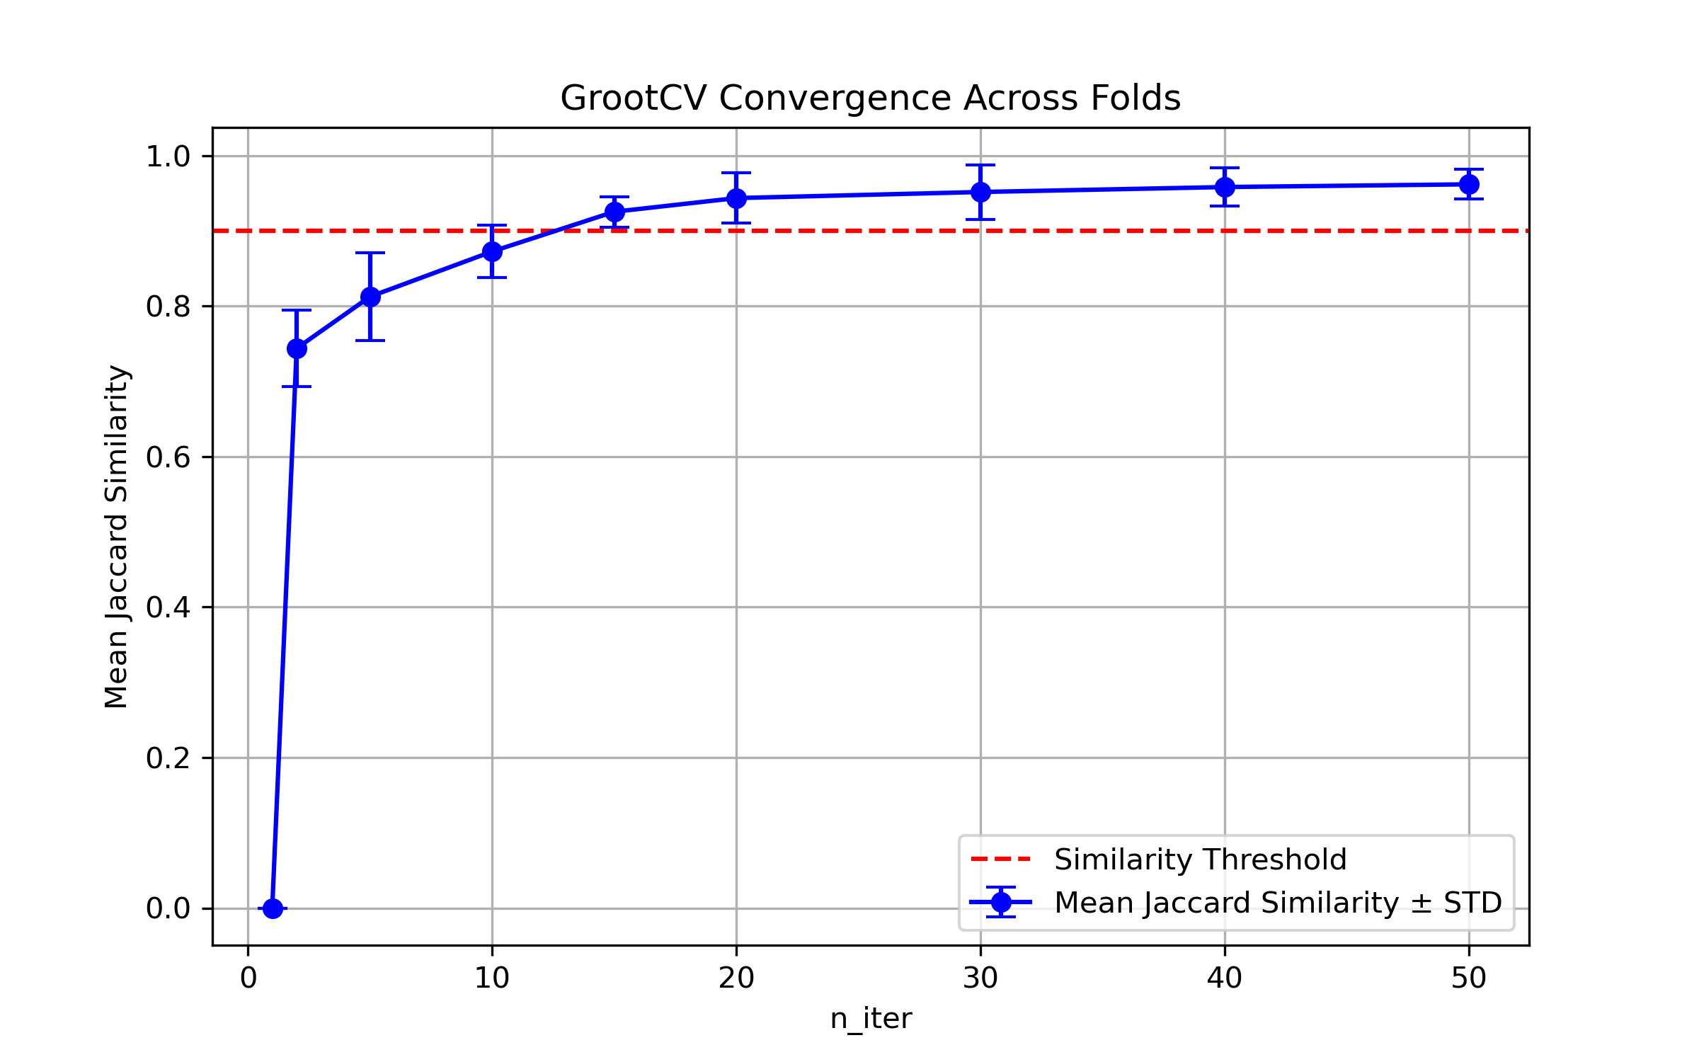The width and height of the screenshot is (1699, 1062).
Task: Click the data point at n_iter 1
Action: (x=273, y=908)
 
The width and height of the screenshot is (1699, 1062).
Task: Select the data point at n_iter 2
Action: (x=297, y=348)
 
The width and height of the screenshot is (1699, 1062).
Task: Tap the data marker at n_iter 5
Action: (x=370, y=297)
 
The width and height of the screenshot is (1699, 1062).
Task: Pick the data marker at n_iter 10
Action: (x=492, y=251)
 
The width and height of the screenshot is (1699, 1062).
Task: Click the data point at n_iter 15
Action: (x=614, y=212)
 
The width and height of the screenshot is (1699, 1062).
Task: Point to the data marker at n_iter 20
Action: (x=736, y=198)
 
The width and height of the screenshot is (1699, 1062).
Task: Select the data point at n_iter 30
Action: (x=980, y=192)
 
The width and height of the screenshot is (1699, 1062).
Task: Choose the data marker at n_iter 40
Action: (x=1225, y=187)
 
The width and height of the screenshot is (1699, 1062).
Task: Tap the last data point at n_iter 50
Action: (x=1469, y=184)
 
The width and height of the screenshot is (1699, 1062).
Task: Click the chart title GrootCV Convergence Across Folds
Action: (x=870, y=98)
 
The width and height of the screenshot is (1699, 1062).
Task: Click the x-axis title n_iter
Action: (x=871, y=1019)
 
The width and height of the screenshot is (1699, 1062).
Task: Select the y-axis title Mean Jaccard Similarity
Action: (x=116, y=536)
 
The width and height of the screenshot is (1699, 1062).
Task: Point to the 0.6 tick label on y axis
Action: (x=168, y=457)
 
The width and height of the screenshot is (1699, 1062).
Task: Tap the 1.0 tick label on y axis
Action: (x=168, y=156)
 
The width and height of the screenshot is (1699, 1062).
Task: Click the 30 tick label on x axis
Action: (x=980, y=978)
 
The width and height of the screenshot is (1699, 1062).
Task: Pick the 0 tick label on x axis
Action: (x=248, y=978)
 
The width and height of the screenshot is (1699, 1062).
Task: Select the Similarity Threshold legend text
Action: (x=1200, y=860)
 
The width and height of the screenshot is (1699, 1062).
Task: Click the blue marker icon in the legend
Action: (x=1001, y=902)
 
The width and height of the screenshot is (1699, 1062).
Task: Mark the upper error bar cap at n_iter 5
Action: (x=370, y=253)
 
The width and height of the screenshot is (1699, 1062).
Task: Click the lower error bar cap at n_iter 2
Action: (x=297, y=387)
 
